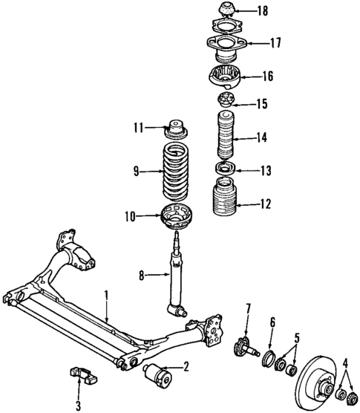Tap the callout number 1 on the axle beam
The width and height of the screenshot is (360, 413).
pyautogui.click(x=106, y=296)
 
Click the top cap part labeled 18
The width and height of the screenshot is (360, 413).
pyautogui.click(x=224, y=11)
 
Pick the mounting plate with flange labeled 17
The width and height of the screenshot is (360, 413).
pyautogui.click(x=223, y=46)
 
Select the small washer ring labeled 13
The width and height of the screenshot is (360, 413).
pyautogui.click(x=224, y=169)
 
